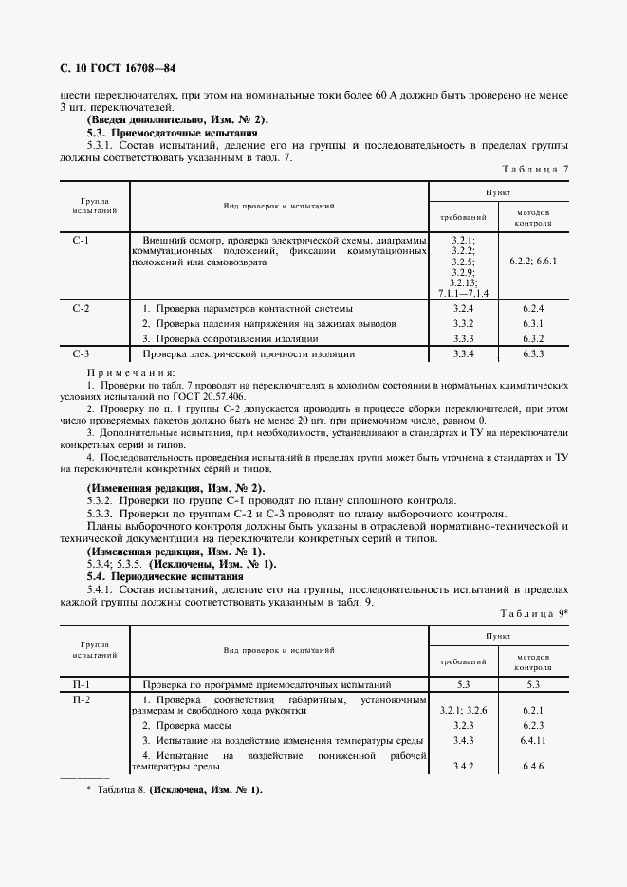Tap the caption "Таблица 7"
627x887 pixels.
click(x=538, y=168)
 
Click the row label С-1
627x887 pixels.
click(x=81, y=241)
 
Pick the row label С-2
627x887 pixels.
click(x=81, y=309)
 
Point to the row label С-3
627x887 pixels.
click(x=81, y=353)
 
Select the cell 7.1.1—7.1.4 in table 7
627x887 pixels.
click(x=462, y=293)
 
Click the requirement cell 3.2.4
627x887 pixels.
click(x=462, y=309)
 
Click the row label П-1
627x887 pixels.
click(x=81, y=683)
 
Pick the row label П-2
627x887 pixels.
click(x=81, y=699)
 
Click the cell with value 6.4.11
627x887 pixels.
click(x=532, y=739)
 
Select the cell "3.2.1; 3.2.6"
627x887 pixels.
click(x=462, y=710)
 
